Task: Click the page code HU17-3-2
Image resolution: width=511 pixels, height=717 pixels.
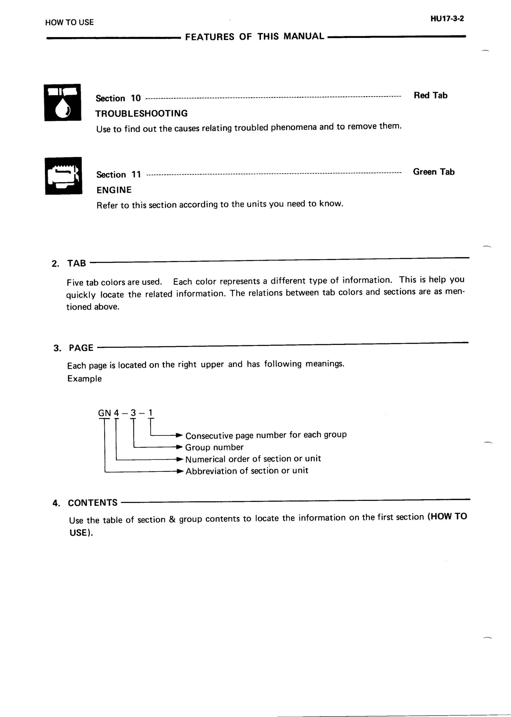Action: click(x=447, y=19)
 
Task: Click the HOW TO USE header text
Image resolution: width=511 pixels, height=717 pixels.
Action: click(x=69, y=22)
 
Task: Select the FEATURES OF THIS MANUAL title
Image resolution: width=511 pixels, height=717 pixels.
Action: click(x=254, y=36)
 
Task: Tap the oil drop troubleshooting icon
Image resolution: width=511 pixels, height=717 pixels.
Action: click(x=63, y=103)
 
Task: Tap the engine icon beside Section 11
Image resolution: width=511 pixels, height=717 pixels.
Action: click(x=64, y=176)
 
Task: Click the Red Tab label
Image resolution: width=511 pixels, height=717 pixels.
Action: click(x=430, y=96)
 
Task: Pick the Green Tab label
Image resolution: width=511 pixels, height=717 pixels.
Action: click(x=434, y=172)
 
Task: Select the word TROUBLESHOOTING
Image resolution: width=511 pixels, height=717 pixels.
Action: click(x=141, y=114)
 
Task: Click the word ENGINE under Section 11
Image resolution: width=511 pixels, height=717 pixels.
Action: click(x=114, y=190)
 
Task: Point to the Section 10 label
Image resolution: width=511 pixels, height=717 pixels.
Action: click(x=118, y=98)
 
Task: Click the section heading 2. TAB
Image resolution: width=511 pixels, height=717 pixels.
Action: click(x=69, y=264)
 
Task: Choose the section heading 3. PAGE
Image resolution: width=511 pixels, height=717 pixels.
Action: click(x=74, y=348)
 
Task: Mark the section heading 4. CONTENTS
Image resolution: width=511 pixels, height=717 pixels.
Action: click(x=85, y=503)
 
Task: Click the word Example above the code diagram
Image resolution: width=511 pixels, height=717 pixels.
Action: click(x=85, y=379)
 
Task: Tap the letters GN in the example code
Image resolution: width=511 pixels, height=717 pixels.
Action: click(x=104, y=413)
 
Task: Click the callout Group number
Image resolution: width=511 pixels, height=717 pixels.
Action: click(x=214, y=447)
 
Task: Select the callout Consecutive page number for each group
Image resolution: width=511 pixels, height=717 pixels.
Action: click(x=266, y=435)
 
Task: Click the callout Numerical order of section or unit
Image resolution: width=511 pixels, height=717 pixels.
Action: click(x=253, y=459)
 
